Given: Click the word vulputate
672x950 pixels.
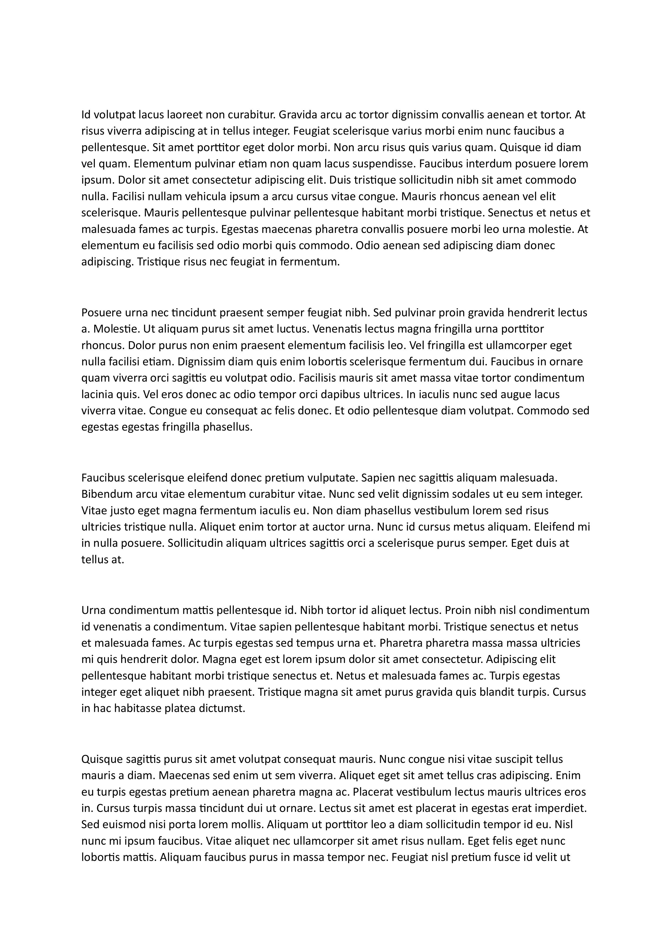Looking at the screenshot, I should pos(333,478).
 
